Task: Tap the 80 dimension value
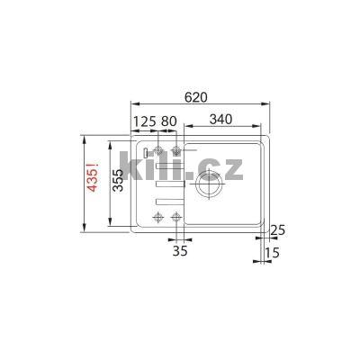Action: (168, 120)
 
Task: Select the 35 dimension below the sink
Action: (179, 251)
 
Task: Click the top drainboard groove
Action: (167, 166)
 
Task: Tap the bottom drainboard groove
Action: (167, 198)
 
